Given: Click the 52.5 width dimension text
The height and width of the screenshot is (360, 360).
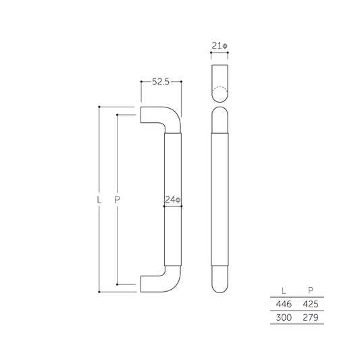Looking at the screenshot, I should pyautogui.click(x=161, y=82).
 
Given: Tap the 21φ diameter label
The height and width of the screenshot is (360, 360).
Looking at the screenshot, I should pyautogui.click(x=220, y=46).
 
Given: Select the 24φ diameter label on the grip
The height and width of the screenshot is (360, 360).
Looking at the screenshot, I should pyautogui.click(x=174, y=199).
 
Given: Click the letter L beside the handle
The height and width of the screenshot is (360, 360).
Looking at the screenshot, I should pyautogui.click(x=99, y=200).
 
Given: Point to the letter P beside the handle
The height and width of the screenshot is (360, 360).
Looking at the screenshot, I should pyautogui.click(x=118, y=200).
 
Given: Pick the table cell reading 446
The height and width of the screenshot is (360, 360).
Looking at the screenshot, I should pyautogui.click(x=282, y=304).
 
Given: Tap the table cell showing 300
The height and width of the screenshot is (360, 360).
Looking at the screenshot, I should pyautogui.click(x=282, y=317).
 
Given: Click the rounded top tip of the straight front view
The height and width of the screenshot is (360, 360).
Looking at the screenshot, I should pyautogui.click(x=220, y=115).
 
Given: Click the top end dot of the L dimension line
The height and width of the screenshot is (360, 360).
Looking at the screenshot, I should pyautogui.click(x=99, y=107).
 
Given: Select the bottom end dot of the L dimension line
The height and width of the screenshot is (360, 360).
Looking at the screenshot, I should pyautogui.click(x=99, y=292).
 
